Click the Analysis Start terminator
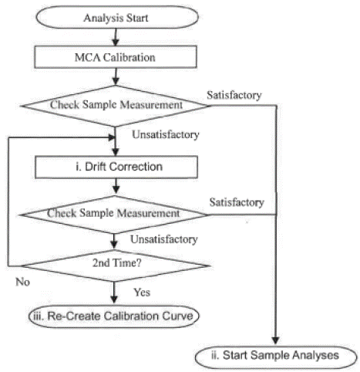pyautogui.click(x=117, y=17)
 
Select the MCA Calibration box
pyautogui.click(x=116, y=57)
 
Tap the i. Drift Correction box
pyautogui.click(x=116, y=167)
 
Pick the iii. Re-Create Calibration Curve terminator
pyautogui.click(x=114, y=316)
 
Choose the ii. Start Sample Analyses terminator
pyautogui.click(x=276, y=357)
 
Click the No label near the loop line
pyautogui.click(x=22, y=282)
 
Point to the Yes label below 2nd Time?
pyautogui.click(x=142, y=293)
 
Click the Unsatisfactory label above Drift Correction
pyautogui.click(x=166, y=134)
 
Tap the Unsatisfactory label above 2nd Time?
pyautogui.click(x=164, y=239)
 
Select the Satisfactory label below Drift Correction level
pyautogui.click(x=237, y=202)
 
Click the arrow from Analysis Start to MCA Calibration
pyautogui.click(x=116, y=37)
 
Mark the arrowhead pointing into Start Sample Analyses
pyautogui.click(x=276, y=340)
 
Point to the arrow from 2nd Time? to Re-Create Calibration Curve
pyautogui.click(x=114, y=293)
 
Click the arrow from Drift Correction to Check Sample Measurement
pyautogui.click(x=116, y=186)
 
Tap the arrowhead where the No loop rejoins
pyautogui.click(x=112, y=137)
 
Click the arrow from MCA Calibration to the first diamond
pyautogui.click(x=116, y=76)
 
